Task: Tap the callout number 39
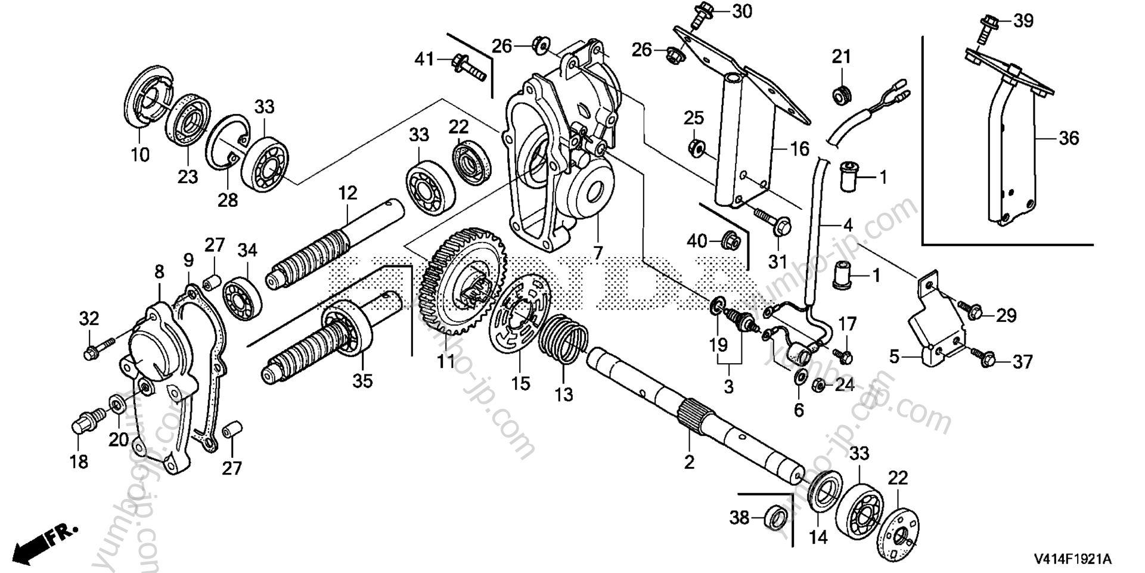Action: [x=1023, y=21]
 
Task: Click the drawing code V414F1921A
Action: [x=1073, y=560]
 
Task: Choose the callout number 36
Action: [x=1069, y=138]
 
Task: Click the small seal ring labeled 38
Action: [x=775, y=516]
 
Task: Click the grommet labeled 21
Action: [x=841, y=94]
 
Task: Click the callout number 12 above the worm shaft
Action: [x=347, y=193]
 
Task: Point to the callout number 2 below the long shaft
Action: [x=689, y=462]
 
